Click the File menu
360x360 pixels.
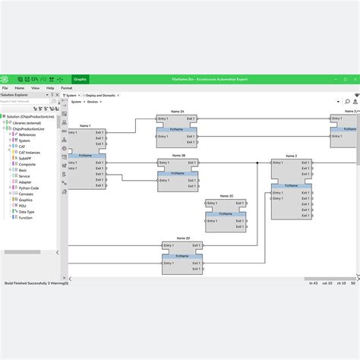(x=5, y=88)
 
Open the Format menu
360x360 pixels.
(x=67, y=88)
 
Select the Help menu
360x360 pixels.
(x=49, y=88)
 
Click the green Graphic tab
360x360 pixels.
(x=80, y=78)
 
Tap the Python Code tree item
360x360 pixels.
(x=29, y=188)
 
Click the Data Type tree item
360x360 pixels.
(x=27, y=211)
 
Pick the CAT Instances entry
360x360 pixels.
(x=30, y=152)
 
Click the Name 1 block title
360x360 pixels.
(x=84, y=125)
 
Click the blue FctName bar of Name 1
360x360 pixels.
(x=86, y=155)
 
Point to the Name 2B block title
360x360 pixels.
(x=178, y=155)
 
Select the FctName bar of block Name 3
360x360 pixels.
(x=292, y=185)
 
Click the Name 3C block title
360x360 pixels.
(x=226, y=195)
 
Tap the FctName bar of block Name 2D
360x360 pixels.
(x=182, y=257)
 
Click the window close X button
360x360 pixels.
(x=354, y=78)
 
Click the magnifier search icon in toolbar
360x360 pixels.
(x=346, y=100)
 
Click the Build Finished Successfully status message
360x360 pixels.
(x=36, y=283)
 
